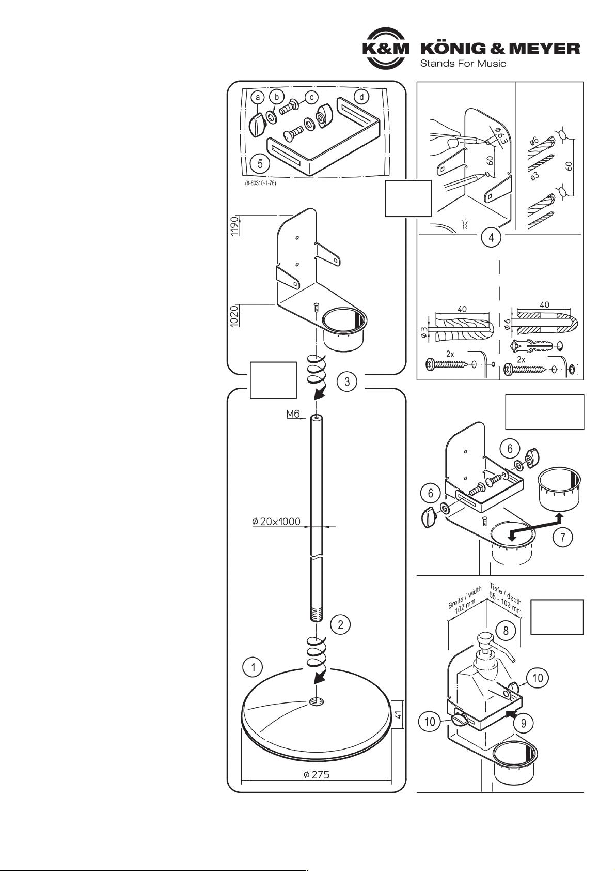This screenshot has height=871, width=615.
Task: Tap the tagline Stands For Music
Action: click(463, 63)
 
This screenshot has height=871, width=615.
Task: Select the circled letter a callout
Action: click(258, 98)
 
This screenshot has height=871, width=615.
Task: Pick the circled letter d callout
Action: click(361, 97)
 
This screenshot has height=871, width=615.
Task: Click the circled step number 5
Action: click(260, 164)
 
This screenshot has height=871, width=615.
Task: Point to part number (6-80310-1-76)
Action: click(260, 184)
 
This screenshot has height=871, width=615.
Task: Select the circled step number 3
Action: click(346, 381)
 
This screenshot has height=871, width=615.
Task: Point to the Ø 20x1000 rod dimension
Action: click(276, 522)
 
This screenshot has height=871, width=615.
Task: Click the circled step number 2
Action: click(340, 624)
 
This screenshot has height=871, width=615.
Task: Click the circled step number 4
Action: click(491, 237)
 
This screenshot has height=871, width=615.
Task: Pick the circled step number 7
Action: click(563, 537)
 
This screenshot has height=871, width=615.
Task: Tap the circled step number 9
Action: click(523, 723)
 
